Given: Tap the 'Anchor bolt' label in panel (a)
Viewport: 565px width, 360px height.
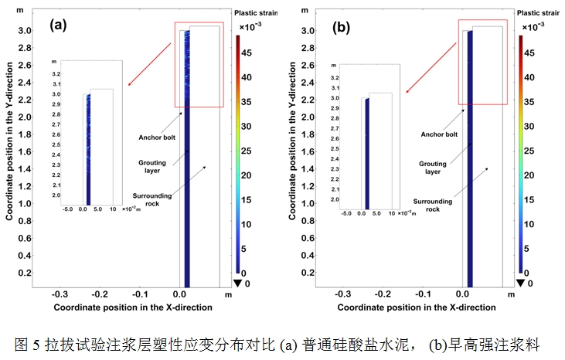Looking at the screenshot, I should pyautogui.click(x=158, y=138).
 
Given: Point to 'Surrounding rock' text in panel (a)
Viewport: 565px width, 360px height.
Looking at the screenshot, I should pyautogui.click(x=151, y=201).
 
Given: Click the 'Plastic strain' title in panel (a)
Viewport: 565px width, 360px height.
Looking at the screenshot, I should pyautogui.click(x=257, y=12).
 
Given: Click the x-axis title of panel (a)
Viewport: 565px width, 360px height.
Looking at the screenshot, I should pyautogui.click(x=132, y=307).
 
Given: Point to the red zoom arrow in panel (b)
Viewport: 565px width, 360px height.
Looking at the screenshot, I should pyautogui.click(x=431, y=70).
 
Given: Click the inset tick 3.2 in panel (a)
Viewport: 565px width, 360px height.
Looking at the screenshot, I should pyautogui.click(x=56, y=72).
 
